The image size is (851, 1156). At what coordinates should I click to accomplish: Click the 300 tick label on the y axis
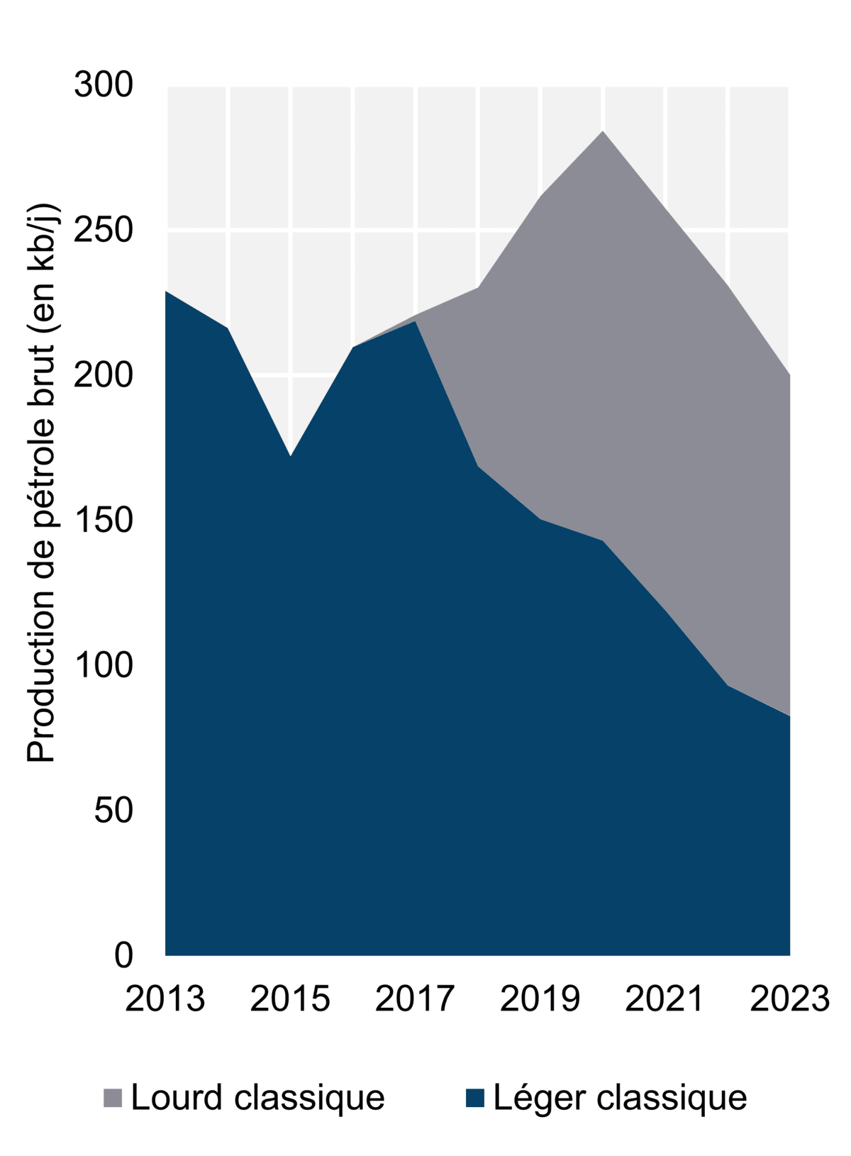(104, 85)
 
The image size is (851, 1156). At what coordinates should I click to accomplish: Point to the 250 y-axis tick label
(104, 230)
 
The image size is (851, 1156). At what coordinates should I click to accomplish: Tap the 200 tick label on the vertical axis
(104, 375)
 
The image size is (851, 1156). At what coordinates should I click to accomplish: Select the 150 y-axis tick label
(104, 521)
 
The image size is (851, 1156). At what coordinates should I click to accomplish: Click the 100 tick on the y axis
(104, 665)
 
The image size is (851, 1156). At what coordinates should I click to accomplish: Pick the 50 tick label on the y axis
(113, 811)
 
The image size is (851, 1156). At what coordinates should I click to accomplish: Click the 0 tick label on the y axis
(123, 955)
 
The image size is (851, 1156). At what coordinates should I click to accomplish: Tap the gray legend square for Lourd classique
(113, 1098)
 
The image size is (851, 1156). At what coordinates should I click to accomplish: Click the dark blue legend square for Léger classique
(474, 1098)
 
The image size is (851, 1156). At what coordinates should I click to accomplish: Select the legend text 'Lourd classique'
(257, 1098)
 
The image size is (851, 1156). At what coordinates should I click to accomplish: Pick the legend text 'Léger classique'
(620, 1098)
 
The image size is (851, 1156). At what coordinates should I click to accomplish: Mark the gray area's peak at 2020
(603, 132)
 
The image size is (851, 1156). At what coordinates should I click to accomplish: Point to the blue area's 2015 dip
(290, 457)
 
